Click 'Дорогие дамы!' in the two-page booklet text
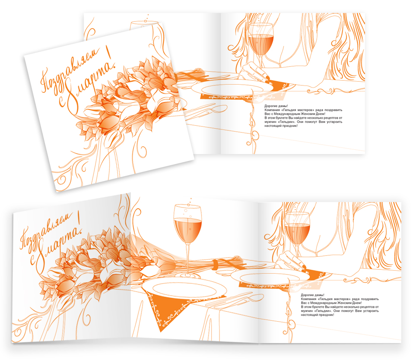click(x=276, y=106)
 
